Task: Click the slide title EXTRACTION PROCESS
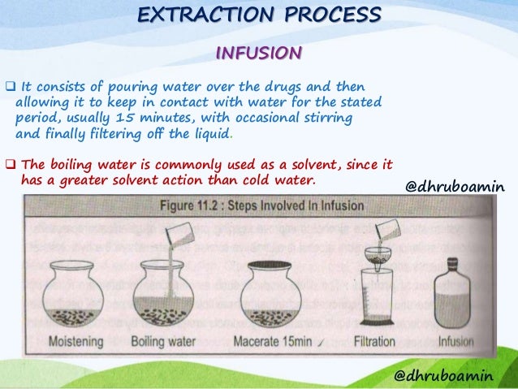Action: point(258,15)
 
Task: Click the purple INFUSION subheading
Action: point(258,54)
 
